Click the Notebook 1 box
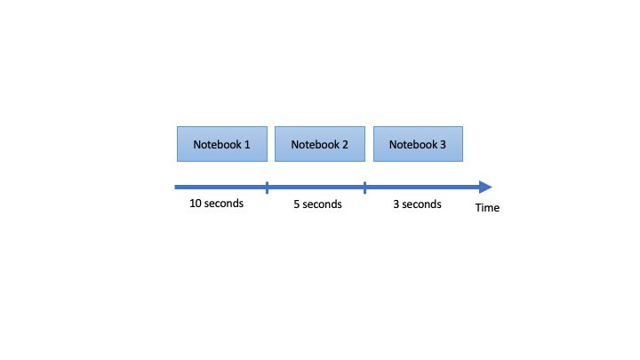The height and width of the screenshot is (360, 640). tap(222, 144)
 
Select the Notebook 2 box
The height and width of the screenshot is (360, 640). tap(320, 144)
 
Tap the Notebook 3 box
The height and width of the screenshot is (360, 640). tap(418, 144)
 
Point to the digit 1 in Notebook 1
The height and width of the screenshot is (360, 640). tap(247, 145)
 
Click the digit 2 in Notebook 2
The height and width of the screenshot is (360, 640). tap(345, 145)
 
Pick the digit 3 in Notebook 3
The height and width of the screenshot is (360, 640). tap(443, 145)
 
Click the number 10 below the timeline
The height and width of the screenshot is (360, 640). tap(196, 204)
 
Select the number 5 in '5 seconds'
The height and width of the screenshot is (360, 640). tap(297, 204)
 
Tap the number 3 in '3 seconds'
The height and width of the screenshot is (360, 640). tap(396, 204)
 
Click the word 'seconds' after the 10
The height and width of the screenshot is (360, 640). tap(224, 204)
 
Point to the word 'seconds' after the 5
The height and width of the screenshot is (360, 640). tap(322, 204)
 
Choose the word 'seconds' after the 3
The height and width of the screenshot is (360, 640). tap(421, 204)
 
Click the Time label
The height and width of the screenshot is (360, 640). tap(487, 208)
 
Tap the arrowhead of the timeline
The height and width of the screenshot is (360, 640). tap(485, 188)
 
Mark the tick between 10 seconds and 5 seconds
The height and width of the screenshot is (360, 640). tap(267, 188)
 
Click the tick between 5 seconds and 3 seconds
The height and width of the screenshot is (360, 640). tap(364, 188)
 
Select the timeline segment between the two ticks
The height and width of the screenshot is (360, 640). tap(316, 188)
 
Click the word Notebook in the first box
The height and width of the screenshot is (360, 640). tap(218, 145)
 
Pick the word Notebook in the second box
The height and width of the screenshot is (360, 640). tap(315, 145)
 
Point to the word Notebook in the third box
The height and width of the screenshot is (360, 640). tap(413, 145)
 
